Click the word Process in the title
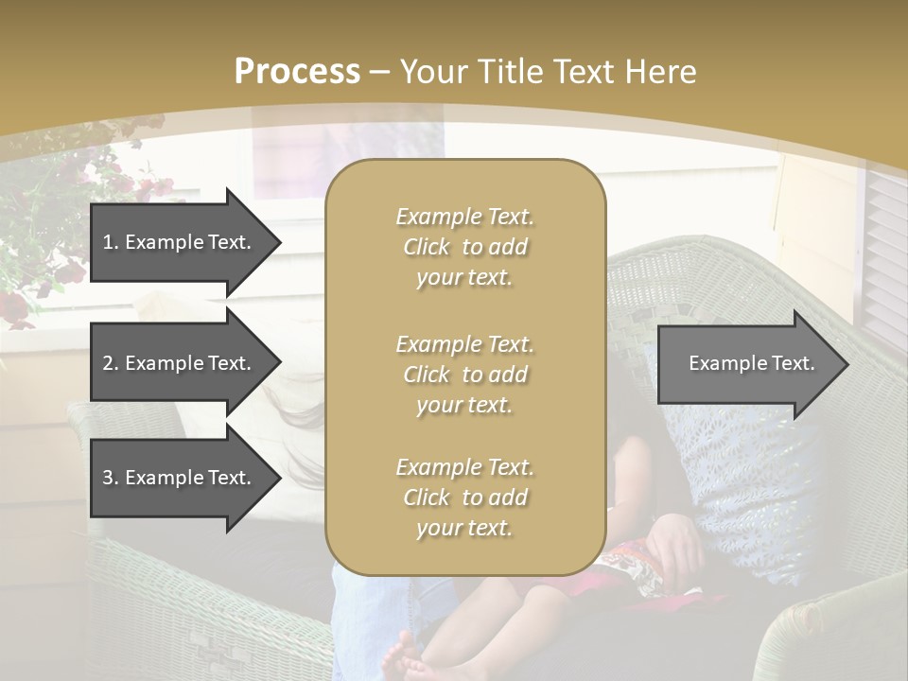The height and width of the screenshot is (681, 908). pyautogui.click(x=297, y=71)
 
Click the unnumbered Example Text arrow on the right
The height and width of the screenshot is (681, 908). pyautogui.click(x=752, y=363)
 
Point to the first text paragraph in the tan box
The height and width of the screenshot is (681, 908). pyautogui.click(x=464, y=247)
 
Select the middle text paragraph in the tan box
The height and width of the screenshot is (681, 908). pyautogui.click(x=464, y=375)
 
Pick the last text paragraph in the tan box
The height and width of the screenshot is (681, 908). pyautogui.click(x=464, y=498)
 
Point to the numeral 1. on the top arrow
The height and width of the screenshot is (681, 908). pyautogui.click(x=110, y=242)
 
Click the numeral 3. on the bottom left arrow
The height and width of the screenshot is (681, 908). pyautogui.click(x=110, y=478)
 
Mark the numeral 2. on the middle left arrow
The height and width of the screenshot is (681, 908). pyautogui.click(x=110, y=363)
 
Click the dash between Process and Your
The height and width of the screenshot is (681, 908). pyautogui.click(x=379, y=72)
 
